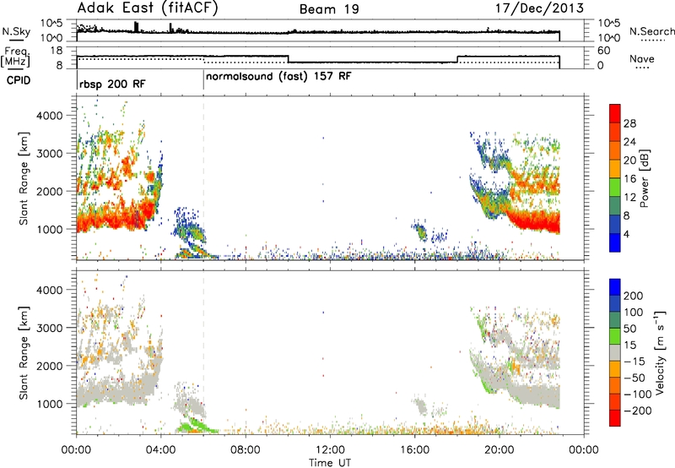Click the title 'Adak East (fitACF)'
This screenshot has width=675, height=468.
tap(148, 8)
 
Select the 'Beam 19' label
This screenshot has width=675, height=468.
tap(329, 9)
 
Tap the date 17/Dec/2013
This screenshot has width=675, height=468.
tap(539, 8)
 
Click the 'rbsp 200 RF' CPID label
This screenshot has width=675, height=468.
tap(112, 84)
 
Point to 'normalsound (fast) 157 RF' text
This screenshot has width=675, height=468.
tap(278, 77)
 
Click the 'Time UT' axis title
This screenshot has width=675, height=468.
tap(330, 462)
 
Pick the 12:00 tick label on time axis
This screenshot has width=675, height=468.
tap(330, 450)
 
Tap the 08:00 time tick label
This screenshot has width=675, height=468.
tap(246, 450)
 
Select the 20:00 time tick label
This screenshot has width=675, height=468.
tap(499, 450)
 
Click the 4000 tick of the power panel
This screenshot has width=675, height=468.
tap(50, 116)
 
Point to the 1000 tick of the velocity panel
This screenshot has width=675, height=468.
tap(50, 404)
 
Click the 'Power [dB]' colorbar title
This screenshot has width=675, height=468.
tap(644, 178)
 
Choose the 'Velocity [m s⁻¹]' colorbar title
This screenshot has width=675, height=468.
tap(661, 352)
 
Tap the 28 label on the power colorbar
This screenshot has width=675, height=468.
tap(629, 123)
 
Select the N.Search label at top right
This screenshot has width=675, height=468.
tap(652, 31)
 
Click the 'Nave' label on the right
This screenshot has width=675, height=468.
tap(642, 58)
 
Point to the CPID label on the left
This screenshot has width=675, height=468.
tap(19, 80)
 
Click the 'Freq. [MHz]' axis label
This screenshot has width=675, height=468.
tap(16, 57)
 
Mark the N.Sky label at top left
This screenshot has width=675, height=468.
tap(16, 31)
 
